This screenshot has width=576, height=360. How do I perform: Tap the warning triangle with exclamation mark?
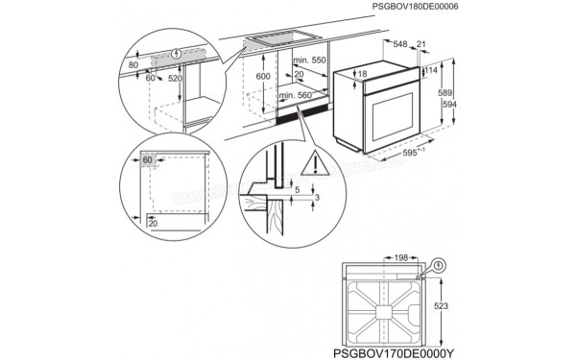pos(312,164)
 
